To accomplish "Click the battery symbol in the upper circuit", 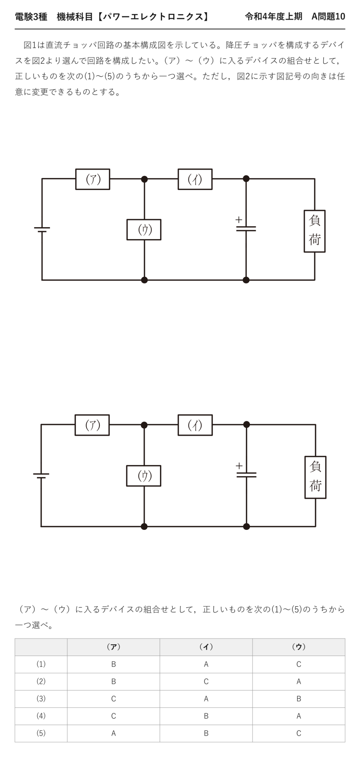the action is click(x=42, y=229).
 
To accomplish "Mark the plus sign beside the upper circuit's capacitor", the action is click(x=239, y=220).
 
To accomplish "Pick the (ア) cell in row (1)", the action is click(x=113, y=664).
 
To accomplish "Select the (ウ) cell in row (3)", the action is click(x=299, y=699).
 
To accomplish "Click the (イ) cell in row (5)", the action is click(x=206, y=733).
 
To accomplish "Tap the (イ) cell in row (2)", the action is click(x=206, y=682).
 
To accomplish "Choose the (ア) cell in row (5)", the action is click(x=113, y=733).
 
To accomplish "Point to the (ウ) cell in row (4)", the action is click(x=299, y=716).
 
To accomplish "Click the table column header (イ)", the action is click(x=206, y=647).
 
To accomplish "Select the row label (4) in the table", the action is click(x=41, y=716).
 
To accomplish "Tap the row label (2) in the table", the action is click(x=41, y=682).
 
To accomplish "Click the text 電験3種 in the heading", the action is click(x=31, y=17).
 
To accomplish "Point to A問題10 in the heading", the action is click(x=328, y=17).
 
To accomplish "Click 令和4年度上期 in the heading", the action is click(x=274, y=17).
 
